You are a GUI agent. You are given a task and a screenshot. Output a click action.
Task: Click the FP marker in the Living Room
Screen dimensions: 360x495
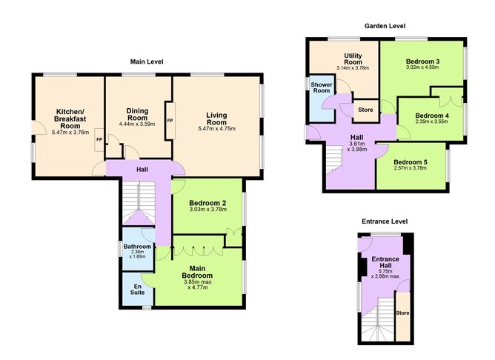tap(170, 120)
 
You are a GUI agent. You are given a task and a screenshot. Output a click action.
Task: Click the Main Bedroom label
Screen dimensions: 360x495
tap(196, 272)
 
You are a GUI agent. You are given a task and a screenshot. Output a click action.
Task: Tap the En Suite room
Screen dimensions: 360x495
tap(137, 290)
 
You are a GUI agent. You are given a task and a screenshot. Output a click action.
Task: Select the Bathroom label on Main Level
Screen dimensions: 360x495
tap(137, 247)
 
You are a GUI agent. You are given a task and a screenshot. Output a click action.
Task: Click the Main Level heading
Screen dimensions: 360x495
tap(146, 61)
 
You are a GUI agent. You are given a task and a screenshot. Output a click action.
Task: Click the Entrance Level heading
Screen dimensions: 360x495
tap(385, 221)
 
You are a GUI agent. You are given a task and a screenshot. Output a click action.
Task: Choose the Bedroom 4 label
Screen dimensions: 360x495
tap(431, 116)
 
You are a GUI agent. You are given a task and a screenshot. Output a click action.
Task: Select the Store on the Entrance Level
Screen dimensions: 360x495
tap(402, 313)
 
